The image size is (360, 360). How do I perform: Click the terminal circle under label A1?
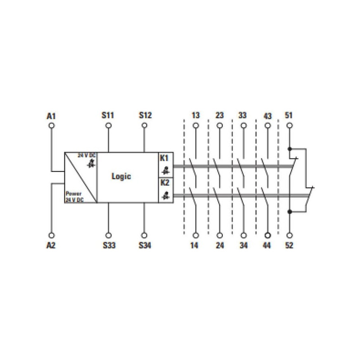52,126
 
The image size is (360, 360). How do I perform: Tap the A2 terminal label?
51,245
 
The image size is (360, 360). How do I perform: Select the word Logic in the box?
121,176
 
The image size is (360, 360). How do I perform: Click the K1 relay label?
164,158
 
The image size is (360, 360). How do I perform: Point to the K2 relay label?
165,183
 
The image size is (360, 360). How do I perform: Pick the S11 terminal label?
108,115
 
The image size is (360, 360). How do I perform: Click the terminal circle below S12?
144,126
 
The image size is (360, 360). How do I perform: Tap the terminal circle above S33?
108,235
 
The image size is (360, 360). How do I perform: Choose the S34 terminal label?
145,245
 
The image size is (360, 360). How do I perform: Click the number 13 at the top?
196,115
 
